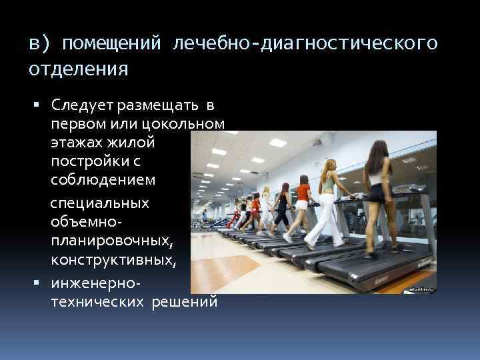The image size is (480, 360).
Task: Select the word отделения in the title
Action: pos(79,69)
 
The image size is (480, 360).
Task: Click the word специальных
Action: pos(100,203)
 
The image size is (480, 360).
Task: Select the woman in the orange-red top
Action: pos(303,200)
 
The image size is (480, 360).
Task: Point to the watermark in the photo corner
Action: pos(421,289)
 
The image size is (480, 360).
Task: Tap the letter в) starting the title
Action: pos(38,43)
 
